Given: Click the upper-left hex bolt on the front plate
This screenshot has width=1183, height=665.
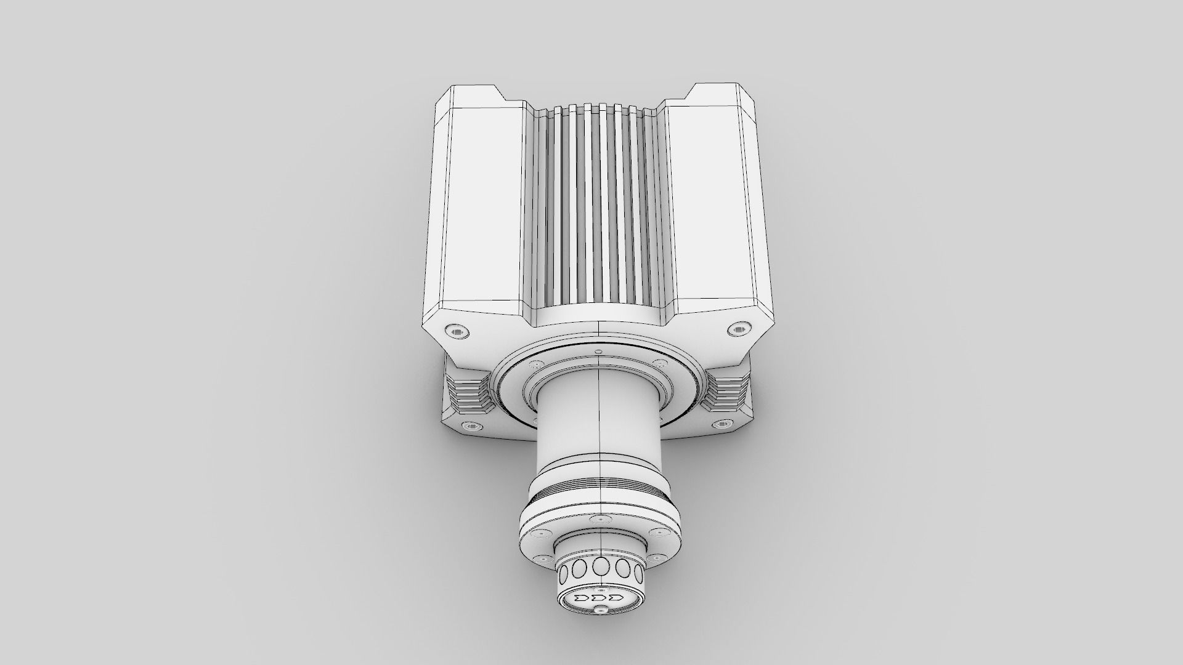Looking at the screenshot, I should (457, 332).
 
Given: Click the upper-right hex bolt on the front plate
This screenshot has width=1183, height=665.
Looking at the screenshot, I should (738, 330).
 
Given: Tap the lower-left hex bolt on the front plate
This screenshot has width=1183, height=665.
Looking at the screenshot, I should (471, 426).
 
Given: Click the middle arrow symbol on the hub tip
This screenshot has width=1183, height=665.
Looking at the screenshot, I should (598, 598).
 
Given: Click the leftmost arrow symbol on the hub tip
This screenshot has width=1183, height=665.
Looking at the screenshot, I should (580, 598).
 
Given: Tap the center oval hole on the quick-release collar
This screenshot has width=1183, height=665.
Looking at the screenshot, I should (600, 566).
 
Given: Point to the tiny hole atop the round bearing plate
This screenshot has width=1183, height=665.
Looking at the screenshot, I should (599, 352).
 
